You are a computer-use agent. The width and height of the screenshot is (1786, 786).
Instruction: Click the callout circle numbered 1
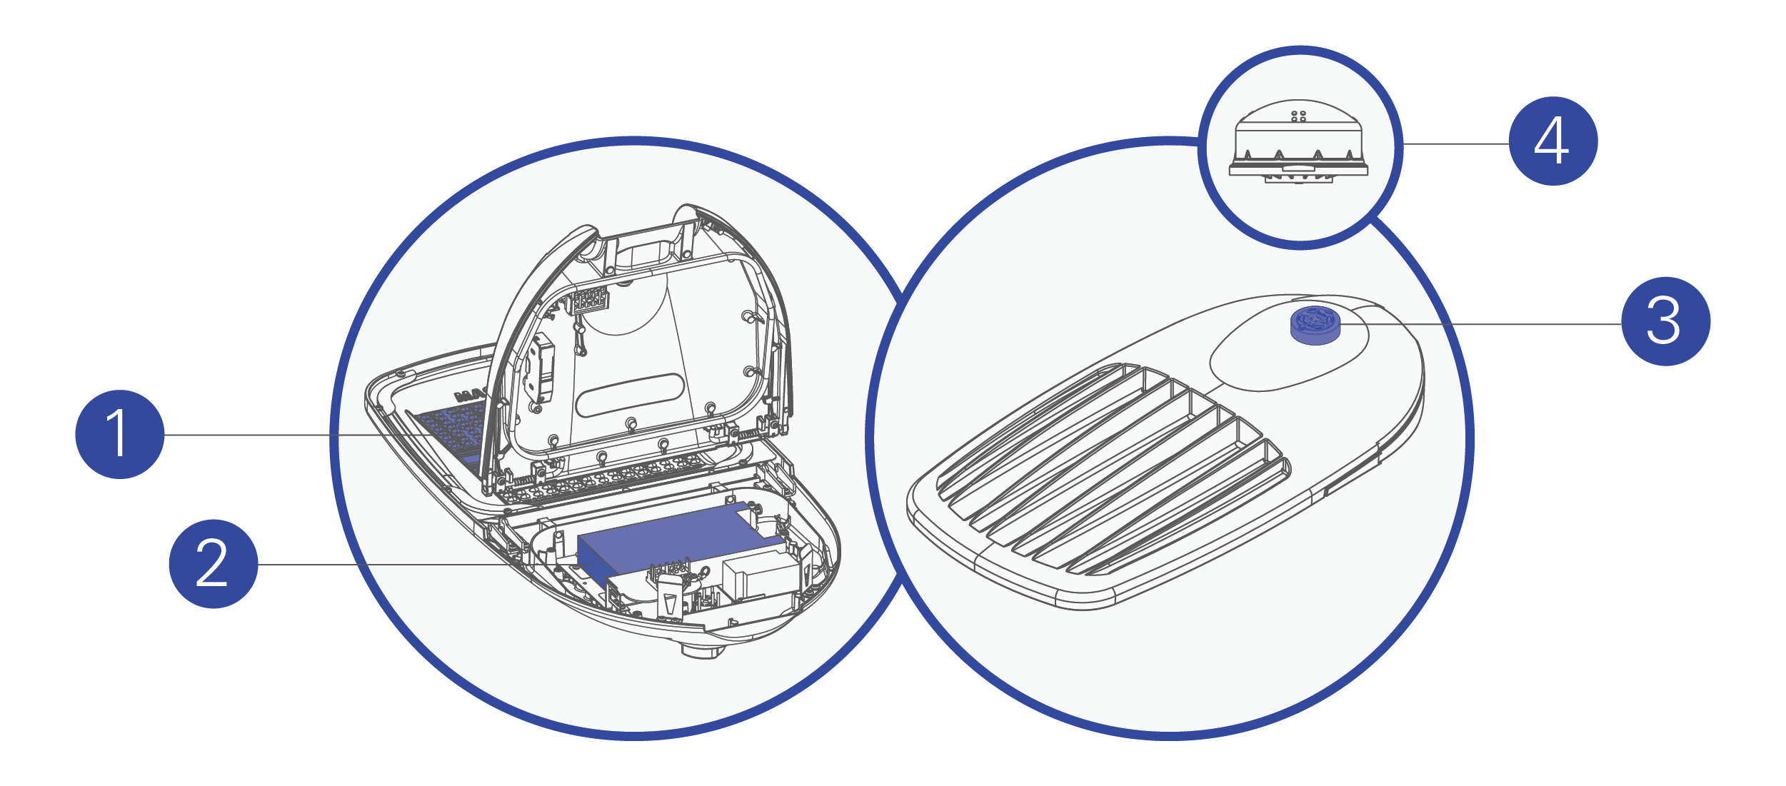tap(120, 434)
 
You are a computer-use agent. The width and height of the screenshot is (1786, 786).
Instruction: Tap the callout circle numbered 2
tap(214, 564)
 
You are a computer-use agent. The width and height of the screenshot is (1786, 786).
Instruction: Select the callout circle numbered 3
tap(1666, 321)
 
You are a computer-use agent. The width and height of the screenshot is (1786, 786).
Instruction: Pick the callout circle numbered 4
tap(1553, 141)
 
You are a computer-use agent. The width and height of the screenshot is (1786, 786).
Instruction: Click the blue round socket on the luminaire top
tap(1315, 325)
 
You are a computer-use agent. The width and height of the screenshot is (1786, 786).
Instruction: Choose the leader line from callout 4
tap(1455, 144)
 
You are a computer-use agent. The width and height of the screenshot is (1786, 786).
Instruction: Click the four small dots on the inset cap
tap(1299, 116)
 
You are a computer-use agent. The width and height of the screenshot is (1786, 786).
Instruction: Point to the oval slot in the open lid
tap(630, 395)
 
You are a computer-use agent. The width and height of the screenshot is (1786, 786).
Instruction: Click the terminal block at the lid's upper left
tap(589, 301)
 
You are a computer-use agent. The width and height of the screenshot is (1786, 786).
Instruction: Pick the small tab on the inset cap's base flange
tap(1298, 168)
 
